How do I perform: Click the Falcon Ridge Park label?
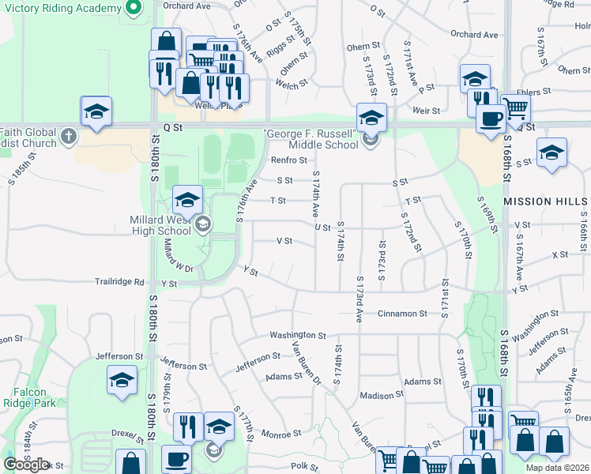point(33,397)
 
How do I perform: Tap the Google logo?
point(25,465)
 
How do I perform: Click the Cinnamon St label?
point(402,314)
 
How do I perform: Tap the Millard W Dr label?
point(179,258)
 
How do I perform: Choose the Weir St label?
point(426,111)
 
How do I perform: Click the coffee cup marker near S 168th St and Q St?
point(490,119)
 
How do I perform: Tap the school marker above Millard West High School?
point(187,200)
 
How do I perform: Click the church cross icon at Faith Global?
point(70,137)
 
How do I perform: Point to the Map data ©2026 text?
point(557,468)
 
